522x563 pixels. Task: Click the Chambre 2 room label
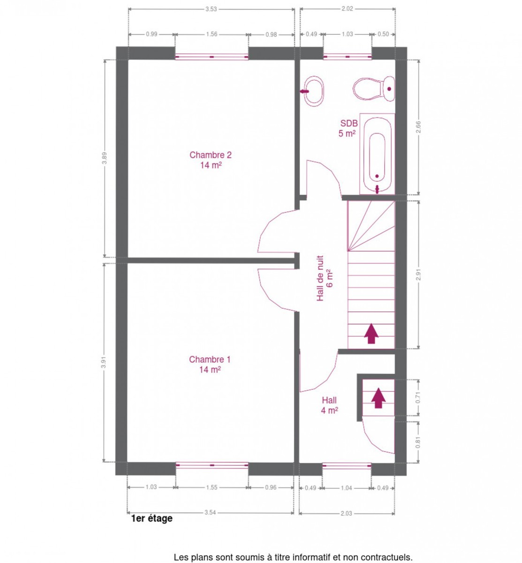pyautogui.click(x=210, y=160)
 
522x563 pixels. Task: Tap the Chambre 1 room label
pyautogui.click(x=210, y=364)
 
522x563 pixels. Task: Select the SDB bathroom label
pyautogui.click(x=348, y=128)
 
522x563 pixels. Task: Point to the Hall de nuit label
pyautogui.click(x=324, y=278)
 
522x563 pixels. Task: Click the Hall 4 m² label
pyautogui.click(x=329, y=405)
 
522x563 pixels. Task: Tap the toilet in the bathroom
pyautogui.click(x=374, y=88)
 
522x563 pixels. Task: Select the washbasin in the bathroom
pyautogui.click(x=312, y=91)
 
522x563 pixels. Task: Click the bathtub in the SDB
pyautogui.click(x=377, y=154)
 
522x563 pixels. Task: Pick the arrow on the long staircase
pyautogui.click(x=371, y=334)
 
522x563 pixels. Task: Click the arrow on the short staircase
pyautogui.click(x=378, y=398)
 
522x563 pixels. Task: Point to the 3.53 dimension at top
pyautogui.click(x=211, y=9)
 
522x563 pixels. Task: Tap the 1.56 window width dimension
pyautogui.click(x=212, y=34)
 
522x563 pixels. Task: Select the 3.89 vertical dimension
pyautogui.click(x=105, y=158)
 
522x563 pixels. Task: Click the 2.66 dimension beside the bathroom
pyautogui.click(x=418, y=127)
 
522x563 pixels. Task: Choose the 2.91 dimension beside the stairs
pyautogui.click(x=418, y=274)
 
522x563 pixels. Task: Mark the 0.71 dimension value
pyautogui.click(x=418, y=397)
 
